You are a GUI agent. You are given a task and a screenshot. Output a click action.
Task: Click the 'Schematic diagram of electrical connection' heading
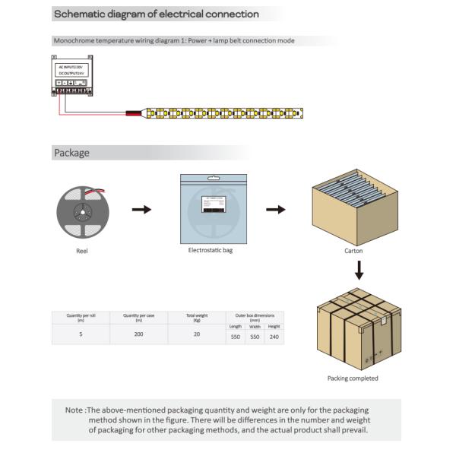pos(156,14)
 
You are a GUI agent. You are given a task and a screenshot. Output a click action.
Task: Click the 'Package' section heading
pos(71,153)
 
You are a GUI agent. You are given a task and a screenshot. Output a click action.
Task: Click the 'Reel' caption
pos(82,251)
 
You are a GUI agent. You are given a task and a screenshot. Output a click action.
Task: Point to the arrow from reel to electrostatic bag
pos(141,209)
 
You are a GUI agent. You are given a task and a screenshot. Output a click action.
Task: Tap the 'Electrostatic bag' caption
pos(211,250)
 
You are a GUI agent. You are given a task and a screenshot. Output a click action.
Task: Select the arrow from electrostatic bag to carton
pos(275,209)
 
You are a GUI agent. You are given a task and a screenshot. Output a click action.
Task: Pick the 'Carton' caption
pos(353,251)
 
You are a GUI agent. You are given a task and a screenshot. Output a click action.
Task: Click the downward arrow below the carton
pos(359,271)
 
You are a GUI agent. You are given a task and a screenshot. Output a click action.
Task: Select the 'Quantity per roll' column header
pos(81,317)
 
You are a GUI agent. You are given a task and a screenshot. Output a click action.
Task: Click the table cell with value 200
pos(138,334)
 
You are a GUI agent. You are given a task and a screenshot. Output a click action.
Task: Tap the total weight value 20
pos(197,334)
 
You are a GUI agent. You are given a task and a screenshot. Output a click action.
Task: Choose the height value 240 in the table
pos(274,337)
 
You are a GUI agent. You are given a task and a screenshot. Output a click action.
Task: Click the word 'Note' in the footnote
pos(74,410)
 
